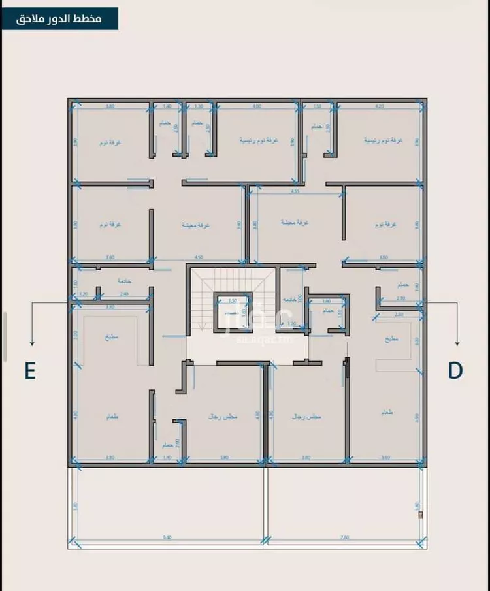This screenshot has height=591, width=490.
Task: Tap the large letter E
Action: (29, 370)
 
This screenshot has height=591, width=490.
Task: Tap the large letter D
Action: (455, 370)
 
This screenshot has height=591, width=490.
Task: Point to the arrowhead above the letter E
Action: (31, 343)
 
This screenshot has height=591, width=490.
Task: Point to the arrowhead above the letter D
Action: (457, 343)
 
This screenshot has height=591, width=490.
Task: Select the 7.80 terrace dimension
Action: (344, 538)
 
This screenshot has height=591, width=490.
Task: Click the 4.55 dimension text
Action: (295, 192)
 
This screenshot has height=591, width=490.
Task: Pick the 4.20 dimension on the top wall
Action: (379, 106)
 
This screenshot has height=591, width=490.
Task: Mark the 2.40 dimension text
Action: (124, 294)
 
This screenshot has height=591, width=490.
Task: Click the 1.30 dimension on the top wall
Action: (199, 106)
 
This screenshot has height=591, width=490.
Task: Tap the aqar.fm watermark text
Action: (269, 340)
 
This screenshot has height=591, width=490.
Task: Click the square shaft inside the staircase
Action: (233, 313)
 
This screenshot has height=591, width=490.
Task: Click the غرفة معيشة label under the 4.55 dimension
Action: (294, 223)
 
